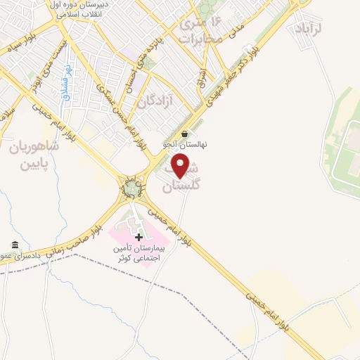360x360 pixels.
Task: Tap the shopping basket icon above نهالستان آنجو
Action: [184, 134]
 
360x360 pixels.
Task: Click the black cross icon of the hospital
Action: [139, 237]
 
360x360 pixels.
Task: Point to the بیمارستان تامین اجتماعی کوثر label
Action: [139, 253]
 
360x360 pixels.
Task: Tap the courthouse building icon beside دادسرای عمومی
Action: [14, 245]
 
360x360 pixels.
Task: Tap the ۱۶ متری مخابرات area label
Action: [204, 32]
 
